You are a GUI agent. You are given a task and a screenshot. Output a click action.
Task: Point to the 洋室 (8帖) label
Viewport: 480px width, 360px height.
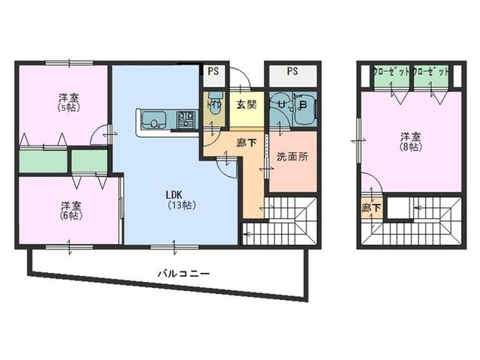tap(408, 142)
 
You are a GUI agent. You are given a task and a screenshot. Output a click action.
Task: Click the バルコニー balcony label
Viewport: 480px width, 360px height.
tap(184, 274)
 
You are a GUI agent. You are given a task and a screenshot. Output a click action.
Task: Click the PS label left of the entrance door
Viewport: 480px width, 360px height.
tap(214, 71)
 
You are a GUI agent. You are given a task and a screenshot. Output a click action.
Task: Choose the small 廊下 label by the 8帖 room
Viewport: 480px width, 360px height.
tap(370, 208)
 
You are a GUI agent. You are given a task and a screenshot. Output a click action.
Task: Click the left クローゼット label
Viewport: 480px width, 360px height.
tap(391, 72)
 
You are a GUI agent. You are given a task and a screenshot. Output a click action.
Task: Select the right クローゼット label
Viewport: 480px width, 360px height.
tap(431, 72)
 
